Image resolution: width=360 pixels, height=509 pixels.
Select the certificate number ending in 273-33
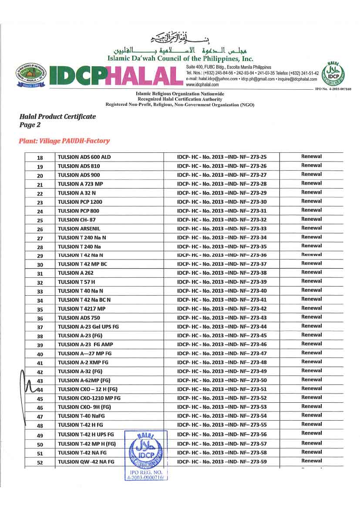(x=222, y=229)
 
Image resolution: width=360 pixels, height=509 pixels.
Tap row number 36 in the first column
(x=40, y=318)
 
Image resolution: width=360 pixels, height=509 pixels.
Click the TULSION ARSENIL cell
(x=77, y=229)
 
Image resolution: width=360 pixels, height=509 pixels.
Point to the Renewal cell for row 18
(x=311, y=156)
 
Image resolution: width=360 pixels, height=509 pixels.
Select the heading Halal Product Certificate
(x=57, y=117)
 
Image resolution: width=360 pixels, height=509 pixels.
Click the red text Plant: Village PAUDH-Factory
(x=64, y=141)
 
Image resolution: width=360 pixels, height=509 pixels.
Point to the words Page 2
(x=30, y=125)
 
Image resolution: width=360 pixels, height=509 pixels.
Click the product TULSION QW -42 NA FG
(x=86, y=462)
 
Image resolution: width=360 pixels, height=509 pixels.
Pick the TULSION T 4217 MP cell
(x=81, y=309)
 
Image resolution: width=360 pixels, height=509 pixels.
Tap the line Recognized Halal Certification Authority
(x=179, y=99)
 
